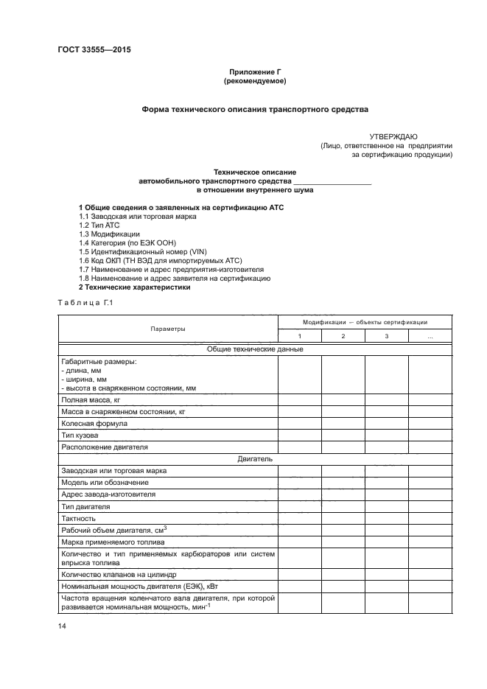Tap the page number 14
(x=62, y=626)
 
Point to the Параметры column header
(x=168, y=329)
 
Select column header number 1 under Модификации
(x=299, y=336)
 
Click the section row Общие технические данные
(x=255, y=349)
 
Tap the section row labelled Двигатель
(x=255, y=458)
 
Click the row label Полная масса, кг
(x=91, y=399)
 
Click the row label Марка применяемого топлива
(x=108, y=542)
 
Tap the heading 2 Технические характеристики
(x=135, y=287)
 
